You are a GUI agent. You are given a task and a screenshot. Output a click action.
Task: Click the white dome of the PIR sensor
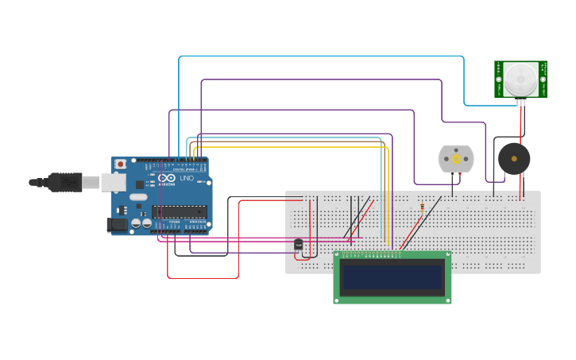coord(520,79)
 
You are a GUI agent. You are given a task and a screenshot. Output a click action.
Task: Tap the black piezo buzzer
coord(514,159)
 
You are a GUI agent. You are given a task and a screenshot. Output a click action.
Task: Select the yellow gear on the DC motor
coord(456,159)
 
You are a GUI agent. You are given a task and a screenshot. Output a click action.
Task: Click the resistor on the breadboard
coord(422,208)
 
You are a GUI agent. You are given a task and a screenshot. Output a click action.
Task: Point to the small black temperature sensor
coord(299,245)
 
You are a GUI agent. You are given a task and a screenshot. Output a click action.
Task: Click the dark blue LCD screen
coord(392,277)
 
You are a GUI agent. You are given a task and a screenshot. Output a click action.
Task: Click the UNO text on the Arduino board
coord(187,179)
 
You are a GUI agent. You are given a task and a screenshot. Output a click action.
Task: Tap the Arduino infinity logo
coord(167,179)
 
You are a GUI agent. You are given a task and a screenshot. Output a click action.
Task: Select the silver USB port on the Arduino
coord(114,183)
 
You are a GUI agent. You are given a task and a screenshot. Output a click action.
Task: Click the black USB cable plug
coord(64,182)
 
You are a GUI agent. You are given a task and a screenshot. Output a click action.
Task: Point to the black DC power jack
coord(118,225)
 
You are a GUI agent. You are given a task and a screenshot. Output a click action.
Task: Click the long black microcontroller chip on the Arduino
coord(180,211)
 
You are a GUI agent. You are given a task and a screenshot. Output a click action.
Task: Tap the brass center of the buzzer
coord(514,159)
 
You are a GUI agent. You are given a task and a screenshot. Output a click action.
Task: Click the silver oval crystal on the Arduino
coord(138,197)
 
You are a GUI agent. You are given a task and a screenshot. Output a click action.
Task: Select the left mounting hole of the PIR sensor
coord(499,79)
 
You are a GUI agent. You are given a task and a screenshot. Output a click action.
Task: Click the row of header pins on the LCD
coord(371,255)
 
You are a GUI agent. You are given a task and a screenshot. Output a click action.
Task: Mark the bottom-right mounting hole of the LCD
coord(447,300)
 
